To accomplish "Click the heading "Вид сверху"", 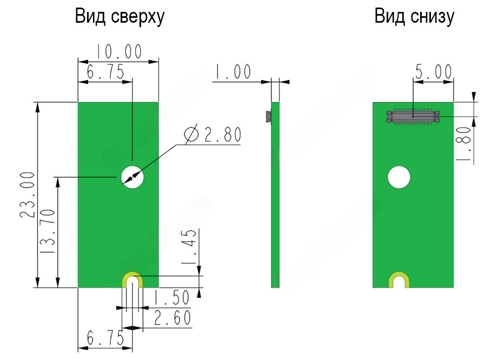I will pyautogui.click(x=119, y=17).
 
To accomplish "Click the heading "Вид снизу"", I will pyautogui.click(x=414, y=17).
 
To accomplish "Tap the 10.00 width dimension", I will pyautogui.click(x=119, y=52).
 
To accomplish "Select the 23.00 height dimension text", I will pyautogui.click(x=27, y=195).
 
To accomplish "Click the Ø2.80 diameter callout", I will pyautogui.click(x=212, y=135).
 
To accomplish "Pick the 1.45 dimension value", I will pyautogui.click(x=189, y=247).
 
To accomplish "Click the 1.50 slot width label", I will pyautogui.click(x=170, y=298).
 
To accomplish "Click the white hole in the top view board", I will pyautogui.click(x=132, y=176).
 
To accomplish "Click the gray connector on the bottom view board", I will pyautogui.click(x=413, y=115).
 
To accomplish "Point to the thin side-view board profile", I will pyautogui.click(x=275, y=195).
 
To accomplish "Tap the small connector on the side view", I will pyautogui.click(x=268, y=116).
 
